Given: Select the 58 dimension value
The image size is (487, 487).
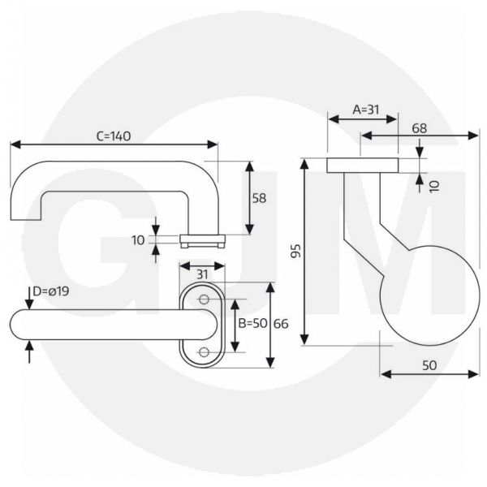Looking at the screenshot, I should pyautogui.click(x=259, y=198).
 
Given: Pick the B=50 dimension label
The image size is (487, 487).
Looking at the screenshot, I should pyautogui.click(x=252, y=324).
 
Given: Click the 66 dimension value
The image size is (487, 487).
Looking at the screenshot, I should pyautogui.click(x=281, y=324).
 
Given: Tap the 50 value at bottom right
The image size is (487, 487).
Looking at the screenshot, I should pyautogui.click(x=429, y=365).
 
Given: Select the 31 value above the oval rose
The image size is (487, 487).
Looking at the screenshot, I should pyautogui.click(x=203, y=273).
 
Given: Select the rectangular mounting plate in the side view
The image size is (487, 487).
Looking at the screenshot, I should pyautogui.click(x=362, y=166).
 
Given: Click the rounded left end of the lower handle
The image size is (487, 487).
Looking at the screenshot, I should pyautogui.click(x=19, y=325).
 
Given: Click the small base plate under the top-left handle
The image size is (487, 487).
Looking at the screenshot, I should pyautogui.click(x=202, y=239).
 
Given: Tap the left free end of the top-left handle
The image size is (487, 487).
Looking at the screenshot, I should pyautogui.click(x=25, y=213).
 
